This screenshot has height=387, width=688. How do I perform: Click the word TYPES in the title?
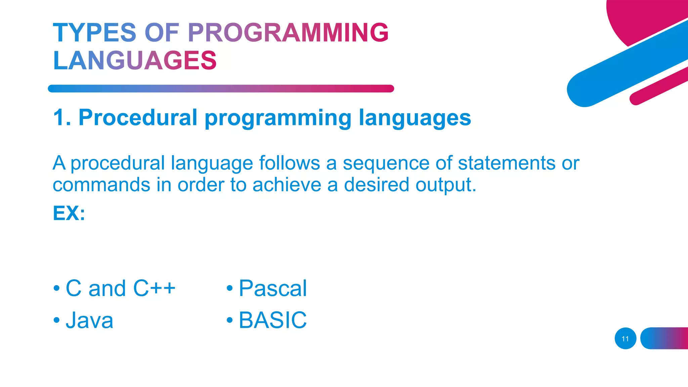click(x=94, y=33)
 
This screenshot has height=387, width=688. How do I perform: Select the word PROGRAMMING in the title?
click(x=288, y=33)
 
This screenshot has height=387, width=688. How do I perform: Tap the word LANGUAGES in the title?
click(x=135, y=61)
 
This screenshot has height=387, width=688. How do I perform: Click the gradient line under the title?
click(x=221, y=89)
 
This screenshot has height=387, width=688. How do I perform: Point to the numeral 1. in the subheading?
click(x=62, y=118)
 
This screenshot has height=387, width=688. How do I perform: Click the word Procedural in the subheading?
click(x=138, y=118)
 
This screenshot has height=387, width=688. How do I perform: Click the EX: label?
click(x=69, y=213)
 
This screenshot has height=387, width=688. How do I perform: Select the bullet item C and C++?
click(x=120, y=288)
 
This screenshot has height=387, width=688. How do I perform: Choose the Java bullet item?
click(x=89, y=320)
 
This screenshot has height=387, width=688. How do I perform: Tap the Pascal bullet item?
click(x=272, y=288)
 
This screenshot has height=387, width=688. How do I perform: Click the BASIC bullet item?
click(x=272, y=320)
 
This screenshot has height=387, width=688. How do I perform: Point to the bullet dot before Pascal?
click(x=229, y=288)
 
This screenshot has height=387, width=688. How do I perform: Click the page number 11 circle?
click(x=625, y=339)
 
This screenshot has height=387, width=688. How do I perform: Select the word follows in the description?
click(x=289, y=164)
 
